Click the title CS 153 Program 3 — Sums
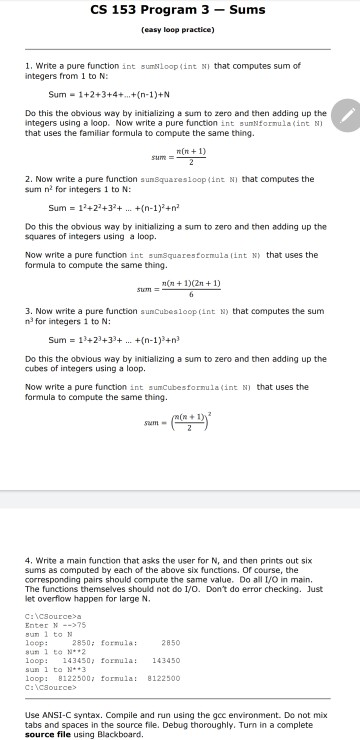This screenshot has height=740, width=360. pyautogui.click(x=180, y=11)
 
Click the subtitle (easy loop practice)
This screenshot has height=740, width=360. pyautogui.click(x=180, y=29)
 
